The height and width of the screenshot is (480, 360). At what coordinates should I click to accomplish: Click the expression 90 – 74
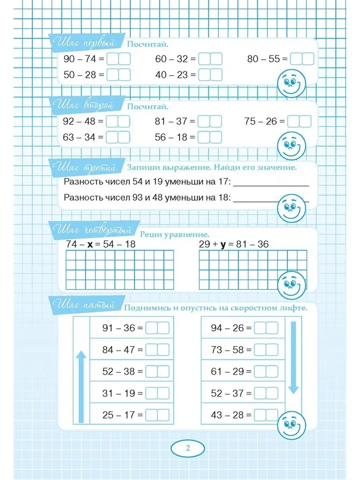pyautogui.click(x=80, y=59)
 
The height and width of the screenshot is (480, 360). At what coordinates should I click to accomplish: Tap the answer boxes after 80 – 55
pyautogui.click(x=302, y=59)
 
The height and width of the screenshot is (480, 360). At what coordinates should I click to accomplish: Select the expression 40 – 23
pyautogui.click(x=172, y=75)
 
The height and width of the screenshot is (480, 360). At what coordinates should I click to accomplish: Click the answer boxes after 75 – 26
pyautogui.click(x=300, y=121)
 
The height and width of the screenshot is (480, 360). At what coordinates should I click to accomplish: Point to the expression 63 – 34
pyautogui.click(x=80, y=137)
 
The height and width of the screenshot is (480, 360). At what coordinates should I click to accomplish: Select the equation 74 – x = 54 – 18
pyautogui.click(x=101, y=244)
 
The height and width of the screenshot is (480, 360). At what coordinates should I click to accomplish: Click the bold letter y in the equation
pyautogui.click(x=223, y=244)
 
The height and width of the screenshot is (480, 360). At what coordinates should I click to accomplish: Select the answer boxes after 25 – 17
pyautogui.click(x=158, y=415)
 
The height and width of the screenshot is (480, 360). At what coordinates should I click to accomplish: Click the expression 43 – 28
pyautogui.click(x=227, y=415)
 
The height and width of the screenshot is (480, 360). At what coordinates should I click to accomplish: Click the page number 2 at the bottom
pyautogui.click(x=188, y=448)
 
